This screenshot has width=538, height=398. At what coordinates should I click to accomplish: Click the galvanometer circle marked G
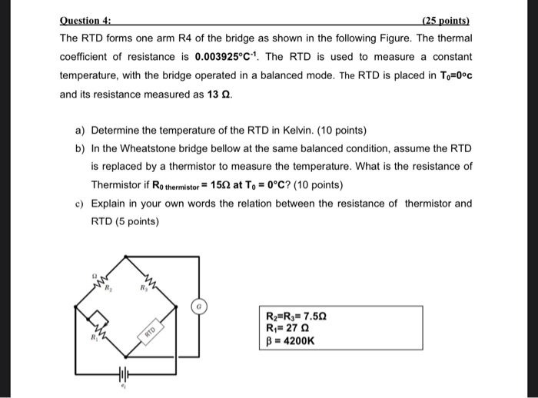pos(199,306)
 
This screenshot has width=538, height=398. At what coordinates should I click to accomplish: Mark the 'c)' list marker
pos(80,204)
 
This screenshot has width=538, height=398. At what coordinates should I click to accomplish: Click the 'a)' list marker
pos(80,130)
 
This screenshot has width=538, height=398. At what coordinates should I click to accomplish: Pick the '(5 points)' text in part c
pos(134,222)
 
